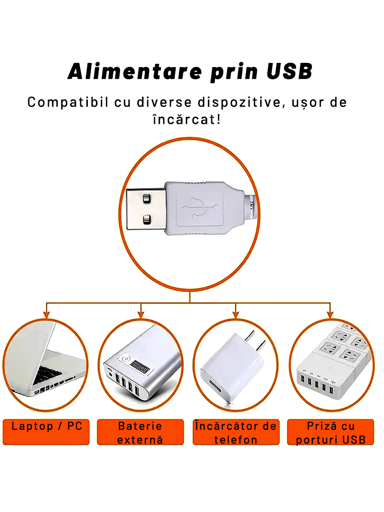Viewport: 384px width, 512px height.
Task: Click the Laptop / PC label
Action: [47, 426]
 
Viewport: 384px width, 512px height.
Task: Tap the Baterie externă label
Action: [140, 432]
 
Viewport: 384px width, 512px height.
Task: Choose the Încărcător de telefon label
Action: [236, 432]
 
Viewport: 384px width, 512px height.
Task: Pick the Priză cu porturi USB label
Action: [331, 432]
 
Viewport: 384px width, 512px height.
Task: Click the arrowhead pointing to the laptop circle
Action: [47, 314]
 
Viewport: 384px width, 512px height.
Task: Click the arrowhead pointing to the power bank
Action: [141, 314]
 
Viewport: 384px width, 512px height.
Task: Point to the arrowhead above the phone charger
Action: [236, 314]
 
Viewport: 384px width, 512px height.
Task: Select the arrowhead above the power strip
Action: [330, 314]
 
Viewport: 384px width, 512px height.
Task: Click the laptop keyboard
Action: [48, 374]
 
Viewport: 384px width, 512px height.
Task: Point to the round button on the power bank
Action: [126, 358]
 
